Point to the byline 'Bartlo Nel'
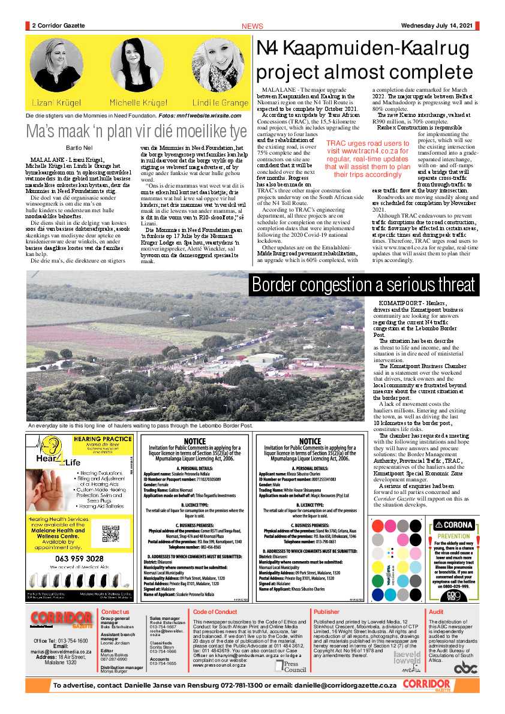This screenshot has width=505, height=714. (x=78, y=147)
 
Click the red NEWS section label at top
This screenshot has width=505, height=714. (x=252, y=26)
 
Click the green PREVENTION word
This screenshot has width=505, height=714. (x=454, y=536)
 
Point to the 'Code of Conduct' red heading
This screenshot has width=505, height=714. (x=215, y=611)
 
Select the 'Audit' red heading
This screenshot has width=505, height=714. (x=436, y=611)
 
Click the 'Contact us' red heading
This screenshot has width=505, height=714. (x=115, y=611)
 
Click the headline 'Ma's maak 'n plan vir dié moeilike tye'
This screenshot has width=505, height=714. (x=136, y=131)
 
